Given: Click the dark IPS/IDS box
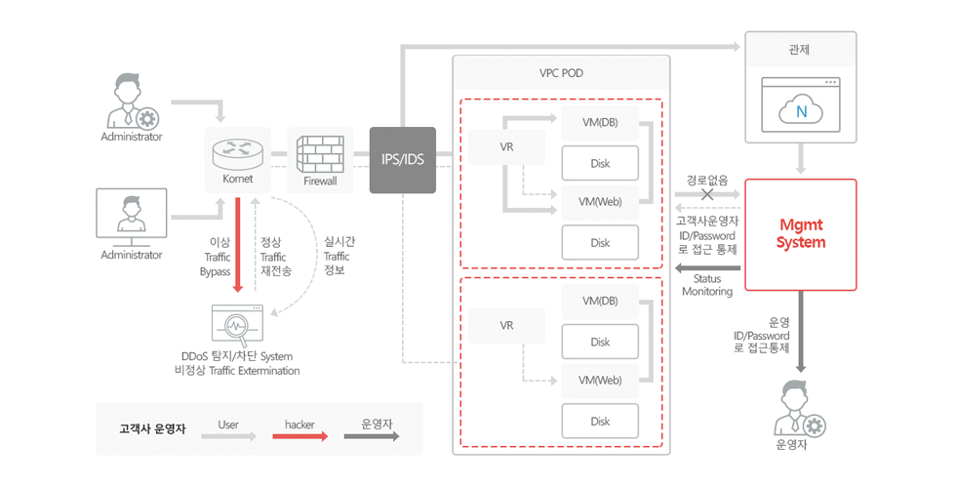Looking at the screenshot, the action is [x=402, y=160].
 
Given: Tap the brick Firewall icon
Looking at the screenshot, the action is [x=320, y=154].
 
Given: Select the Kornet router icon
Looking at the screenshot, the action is [x=238, y=155].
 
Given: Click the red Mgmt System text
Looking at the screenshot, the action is [x=801, y=234].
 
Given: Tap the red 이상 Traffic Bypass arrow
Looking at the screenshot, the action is [x=238, y=245].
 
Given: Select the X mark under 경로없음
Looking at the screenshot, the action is [x=707, y=194].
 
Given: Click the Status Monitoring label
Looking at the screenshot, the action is [x=707, y=285].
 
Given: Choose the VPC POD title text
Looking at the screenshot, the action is [x=561, y=73].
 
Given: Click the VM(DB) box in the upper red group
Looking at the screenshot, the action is [x=600, y=123].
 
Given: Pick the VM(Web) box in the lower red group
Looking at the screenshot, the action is [x=600, y=381].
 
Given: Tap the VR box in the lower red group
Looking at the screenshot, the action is [x=506, y=326].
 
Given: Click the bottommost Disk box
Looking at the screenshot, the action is [x=600, y=421].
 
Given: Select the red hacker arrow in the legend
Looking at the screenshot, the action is [x=300, y=436].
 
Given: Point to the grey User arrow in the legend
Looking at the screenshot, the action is [x=229, y=436].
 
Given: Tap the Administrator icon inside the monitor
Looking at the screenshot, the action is [x=131, y=214].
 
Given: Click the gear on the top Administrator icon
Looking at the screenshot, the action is [x=147, y=118].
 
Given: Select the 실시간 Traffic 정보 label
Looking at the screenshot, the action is [x=338, y=256].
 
